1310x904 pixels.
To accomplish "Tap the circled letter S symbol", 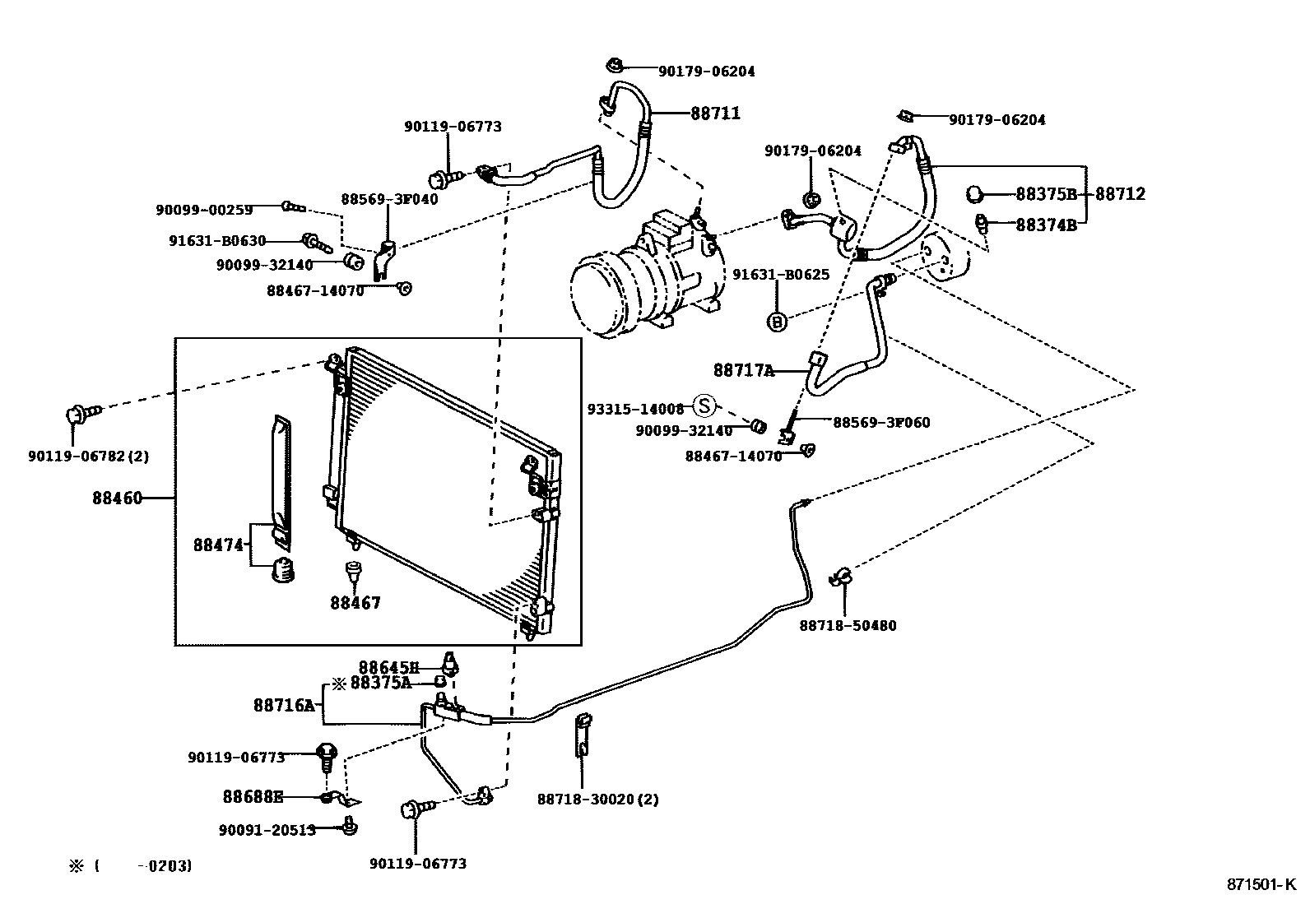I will click(x=705, y=406).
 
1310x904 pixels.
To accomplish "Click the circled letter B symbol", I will click(x=777, y=322).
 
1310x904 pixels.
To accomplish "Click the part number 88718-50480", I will click(x=848, y=625).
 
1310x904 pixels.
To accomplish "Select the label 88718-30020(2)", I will click(x=598, y=799).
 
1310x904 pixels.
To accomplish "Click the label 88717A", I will click(x=744, y=370).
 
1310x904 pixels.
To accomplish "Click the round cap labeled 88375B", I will click(x=974, y=194).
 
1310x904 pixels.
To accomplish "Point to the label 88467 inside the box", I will click(x=355, y=603).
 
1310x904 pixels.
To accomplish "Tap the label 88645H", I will click(x=388, y=666).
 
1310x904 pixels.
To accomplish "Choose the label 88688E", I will click(x=253, y=796).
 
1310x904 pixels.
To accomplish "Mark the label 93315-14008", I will click(x=635, y=408).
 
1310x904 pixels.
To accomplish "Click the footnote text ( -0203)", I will click(x=144, y=865).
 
